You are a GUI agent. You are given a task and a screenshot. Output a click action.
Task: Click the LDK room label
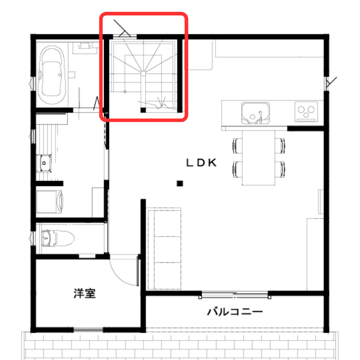[202, 163]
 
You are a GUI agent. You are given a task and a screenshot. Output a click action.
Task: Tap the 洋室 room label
[85, 293]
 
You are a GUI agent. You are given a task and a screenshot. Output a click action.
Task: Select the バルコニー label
[235, 312]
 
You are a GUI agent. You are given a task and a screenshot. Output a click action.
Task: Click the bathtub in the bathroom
[51, 75]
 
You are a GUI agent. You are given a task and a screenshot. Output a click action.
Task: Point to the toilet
[58, 238]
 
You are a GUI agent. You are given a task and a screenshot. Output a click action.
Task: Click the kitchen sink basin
[255, 113]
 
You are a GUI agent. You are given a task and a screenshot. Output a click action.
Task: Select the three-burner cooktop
[306, 112]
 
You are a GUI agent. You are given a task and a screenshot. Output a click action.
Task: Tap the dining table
[259, 157]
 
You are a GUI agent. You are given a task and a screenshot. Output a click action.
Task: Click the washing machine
[49, 202]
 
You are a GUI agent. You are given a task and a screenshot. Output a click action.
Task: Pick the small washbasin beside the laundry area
[44, 163]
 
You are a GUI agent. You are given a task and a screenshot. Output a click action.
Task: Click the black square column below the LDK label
[180, 184]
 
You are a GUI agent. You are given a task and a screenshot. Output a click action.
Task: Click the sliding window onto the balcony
[235, 294]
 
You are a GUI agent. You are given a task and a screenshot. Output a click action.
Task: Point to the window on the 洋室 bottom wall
[88, 330]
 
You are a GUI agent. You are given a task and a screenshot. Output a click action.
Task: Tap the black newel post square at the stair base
[143, 110]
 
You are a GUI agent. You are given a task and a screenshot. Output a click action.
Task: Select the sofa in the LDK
[165, 249]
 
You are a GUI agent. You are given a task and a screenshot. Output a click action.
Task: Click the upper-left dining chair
[238, 146]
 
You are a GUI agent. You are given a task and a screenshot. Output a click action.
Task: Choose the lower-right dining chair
[280, 169]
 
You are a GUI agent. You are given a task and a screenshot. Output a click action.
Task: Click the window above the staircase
[125, 37]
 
